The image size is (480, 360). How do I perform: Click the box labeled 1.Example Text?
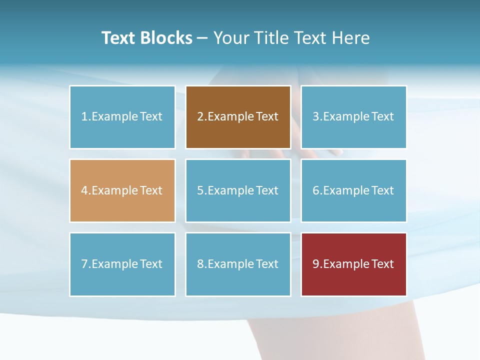coord(122,117)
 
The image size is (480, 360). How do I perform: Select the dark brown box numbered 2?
coord(238,117)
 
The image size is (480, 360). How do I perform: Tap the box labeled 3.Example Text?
coord(353,117)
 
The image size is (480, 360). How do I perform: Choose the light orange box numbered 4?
coord(122,190)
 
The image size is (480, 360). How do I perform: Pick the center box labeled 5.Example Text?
coord(238,190)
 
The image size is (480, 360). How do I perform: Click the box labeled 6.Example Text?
coord(353,190)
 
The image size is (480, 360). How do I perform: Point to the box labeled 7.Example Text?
coord(122,264)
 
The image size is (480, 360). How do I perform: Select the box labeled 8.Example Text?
coord(238,264)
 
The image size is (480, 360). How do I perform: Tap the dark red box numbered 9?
coord(353,264)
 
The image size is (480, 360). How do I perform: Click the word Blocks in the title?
coord(166,38)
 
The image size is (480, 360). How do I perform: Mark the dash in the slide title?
coord(202,38)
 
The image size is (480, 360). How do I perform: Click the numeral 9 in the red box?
coord(316,264)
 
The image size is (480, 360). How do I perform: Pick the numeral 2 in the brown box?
coord(200,117)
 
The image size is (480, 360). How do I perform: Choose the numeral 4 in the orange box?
coord(84,190)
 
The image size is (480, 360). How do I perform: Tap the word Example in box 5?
coord(230,190)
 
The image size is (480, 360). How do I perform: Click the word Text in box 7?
coord(151,264)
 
